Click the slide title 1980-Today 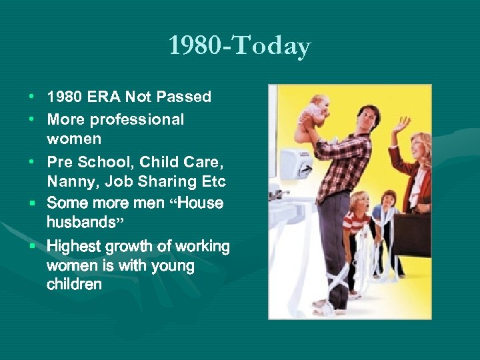point(239,46)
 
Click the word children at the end point(74,285)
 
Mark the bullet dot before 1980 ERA point(33,97)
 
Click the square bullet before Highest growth point(33,247)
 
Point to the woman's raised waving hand point(401,124)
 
